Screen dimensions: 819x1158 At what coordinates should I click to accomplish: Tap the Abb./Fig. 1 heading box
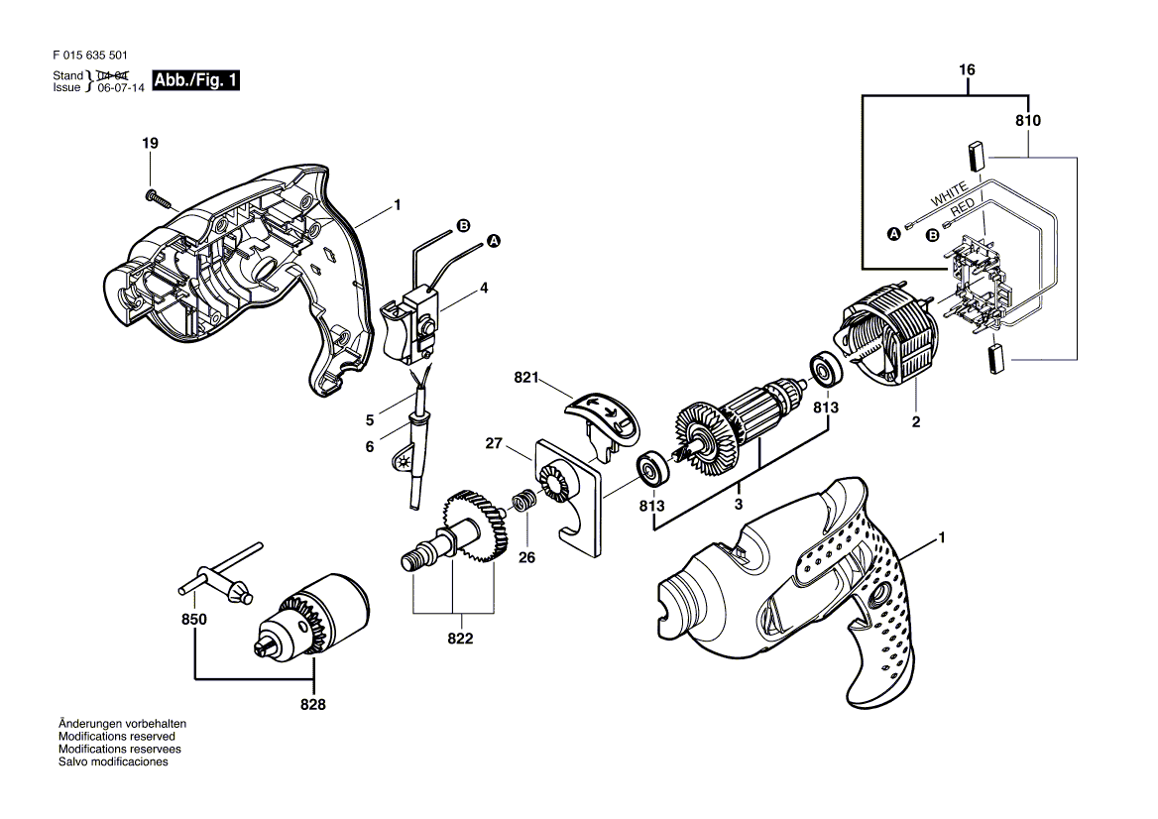194,80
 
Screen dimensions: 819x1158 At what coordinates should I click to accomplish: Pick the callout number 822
459,639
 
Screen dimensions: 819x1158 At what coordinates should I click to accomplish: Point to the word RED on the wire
963,208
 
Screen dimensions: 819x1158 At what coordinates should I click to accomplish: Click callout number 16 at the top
968,70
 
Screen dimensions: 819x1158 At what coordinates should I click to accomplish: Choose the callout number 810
1028,120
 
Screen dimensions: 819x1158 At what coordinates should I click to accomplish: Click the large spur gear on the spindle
475,526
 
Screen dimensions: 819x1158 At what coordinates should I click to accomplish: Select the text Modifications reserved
117,737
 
